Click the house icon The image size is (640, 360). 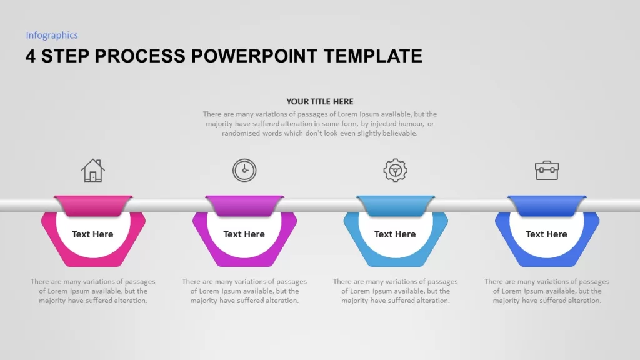pyautogui.click(x=93, y=170)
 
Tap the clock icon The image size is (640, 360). pyautogui.click(x=244, y=170)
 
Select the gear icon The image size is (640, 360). pyautogui.click(x=395, y=170)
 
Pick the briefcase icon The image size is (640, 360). pyautogui.click(x=547, y=170)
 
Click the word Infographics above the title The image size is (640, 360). pyautogui.click(x=52, y=36)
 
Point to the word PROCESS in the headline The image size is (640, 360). pyautogui.click(x=140, y=56)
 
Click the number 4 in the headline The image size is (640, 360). pyautogui.click(x=31, y=56)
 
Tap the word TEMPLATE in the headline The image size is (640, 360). pyautogui.click(x=373, y=56)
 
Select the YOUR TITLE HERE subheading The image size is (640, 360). pyautogui.click(x=320, y=102)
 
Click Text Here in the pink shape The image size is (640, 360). pyautogui.click(x=92, y=234)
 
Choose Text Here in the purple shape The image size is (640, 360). pyautogui.click(x=244, y=234)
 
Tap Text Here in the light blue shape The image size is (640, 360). pyautogui.click(x=395, y=234)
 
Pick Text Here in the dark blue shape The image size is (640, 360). pyautogui.click(x=546, y=234)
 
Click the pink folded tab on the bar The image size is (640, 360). pyautogui.click(x=93, y=206)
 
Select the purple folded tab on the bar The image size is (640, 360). pyautogui.click(x=244, y=206)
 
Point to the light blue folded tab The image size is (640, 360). pyautogui.click(x=396, y=206)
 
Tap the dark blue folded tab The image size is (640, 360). pyautogui.click(x=547, y=206)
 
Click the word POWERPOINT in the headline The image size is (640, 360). pyautogui.click(x=254, y=56)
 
